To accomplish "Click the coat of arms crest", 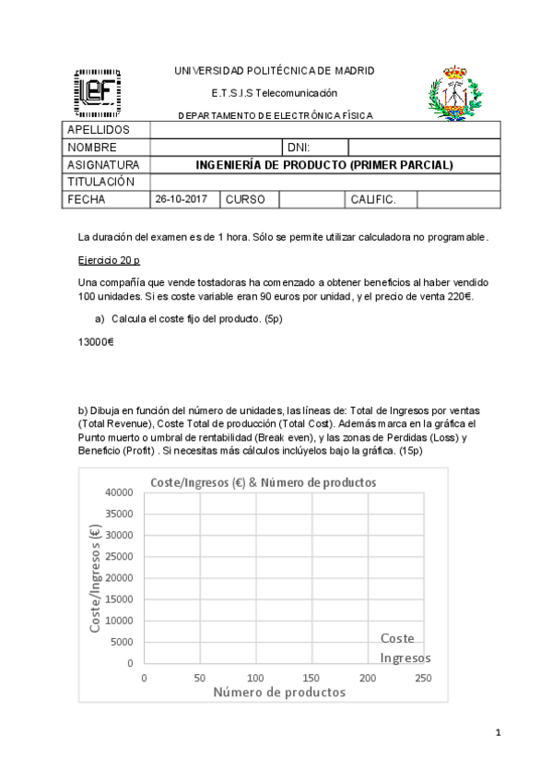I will [x=452, y=92].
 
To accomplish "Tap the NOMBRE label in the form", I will [x=92, y=148].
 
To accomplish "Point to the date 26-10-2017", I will [x=182, y=199].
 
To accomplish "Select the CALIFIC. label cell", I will [x=373, y=199].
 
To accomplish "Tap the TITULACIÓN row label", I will [x=101, y=182].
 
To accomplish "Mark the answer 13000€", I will [x=96, y=342].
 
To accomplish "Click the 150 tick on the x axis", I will [x=311, y=678].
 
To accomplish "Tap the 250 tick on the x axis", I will [x=423, y=678].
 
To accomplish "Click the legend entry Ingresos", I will [x=405, y=658].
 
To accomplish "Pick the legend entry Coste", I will [x=397, y=638].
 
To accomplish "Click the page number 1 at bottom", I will [x=498, y=733].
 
